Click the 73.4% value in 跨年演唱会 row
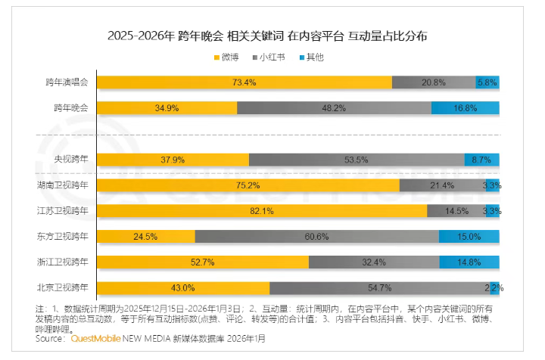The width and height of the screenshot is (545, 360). pos(244,82)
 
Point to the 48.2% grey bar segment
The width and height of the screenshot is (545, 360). pos(334,108)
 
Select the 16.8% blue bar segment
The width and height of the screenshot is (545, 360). pos(465,108)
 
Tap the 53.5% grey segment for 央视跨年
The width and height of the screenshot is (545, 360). pos(356,160)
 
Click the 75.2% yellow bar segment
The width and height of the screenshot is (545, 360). pos(248,185)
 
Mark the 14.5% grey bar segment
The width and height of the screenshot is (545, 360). pos(456,211)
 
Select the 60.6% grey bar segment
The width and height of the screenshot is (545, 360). pos(316,237)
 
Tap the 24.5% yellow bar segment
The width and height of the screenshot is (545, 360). pos(145,237)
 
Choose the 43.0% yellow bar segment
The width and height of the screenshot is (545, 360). pos(183,288)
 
